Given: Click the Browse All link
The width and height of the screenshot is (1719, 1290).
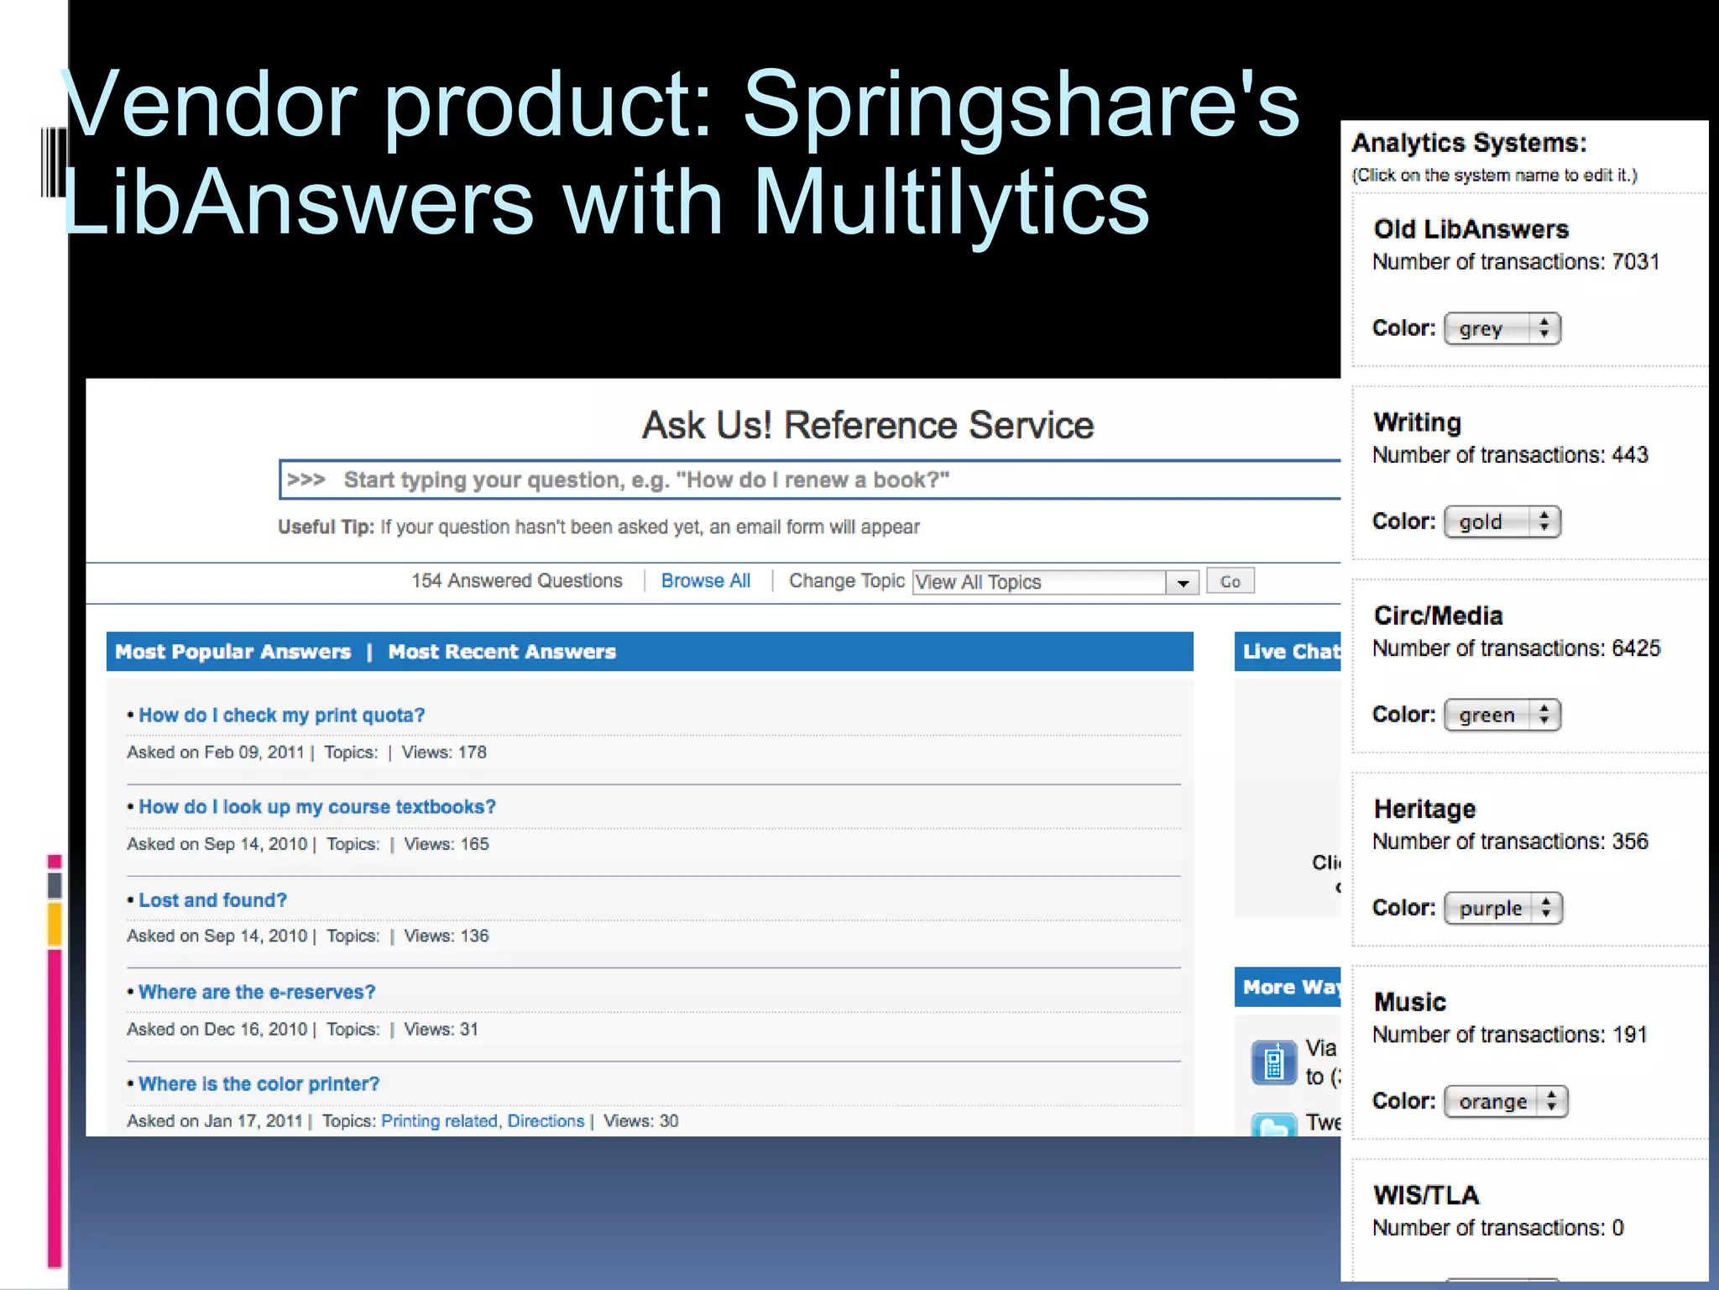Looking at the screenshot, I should coord(705,580).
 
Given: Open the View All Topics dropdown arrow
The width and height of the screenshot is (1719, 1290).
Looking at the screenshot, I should coord(1182,582).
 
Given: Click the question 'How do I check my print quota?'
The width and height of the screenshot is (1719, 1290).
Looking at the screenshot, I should coord(281,715).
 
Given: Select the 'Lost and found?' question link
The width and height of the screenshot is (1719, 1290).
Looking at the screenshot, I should coord(212,899).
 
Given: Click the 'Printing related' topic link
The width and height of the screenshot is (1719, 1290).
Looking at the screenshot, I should coord(439,1120).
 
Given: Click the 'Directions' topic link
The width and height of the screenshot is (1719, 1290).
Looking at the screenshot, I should coord(546,1120).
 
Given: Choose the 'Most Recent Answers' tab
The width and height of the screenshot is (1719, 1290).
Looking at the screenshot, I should coord(501,652).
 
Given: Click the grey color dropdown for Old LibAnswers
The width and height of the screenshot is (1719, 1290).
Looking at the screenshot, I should coord(1501,328).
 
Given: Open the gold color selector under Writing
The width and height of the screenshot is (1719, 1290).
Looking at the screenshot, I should coord(1501,522).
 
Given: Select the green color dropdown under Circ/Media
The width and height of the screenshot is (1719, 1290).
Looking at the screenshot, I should coord(1501,715).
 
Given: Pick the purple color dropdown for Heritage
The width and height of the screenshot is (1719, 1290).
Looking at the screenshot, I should coord(1502,908).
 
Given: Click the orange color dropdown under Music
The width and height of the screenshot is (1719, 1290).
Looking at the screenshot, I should coord(1505,1101).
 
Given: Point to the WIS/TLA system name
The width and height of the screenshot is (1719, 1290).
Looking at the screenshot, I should coord(1425,1194).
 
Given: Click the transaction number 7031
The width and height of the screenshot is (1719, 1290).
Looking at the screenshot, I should coord(1635,262).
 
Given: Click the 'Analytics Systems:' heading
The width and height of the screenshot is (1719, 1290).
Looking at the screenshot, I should coord(1468,143).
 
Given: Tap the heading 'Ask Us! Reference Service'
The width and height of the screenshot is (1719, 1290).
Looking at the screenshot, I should coord(867,425).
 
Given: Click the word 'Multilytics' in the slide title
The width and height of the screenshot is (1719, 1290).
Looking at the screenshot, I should coord(950,202).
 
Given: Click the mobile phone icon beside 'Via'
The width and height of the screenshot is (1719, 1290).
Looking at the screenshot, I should coord(1273,1062).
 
